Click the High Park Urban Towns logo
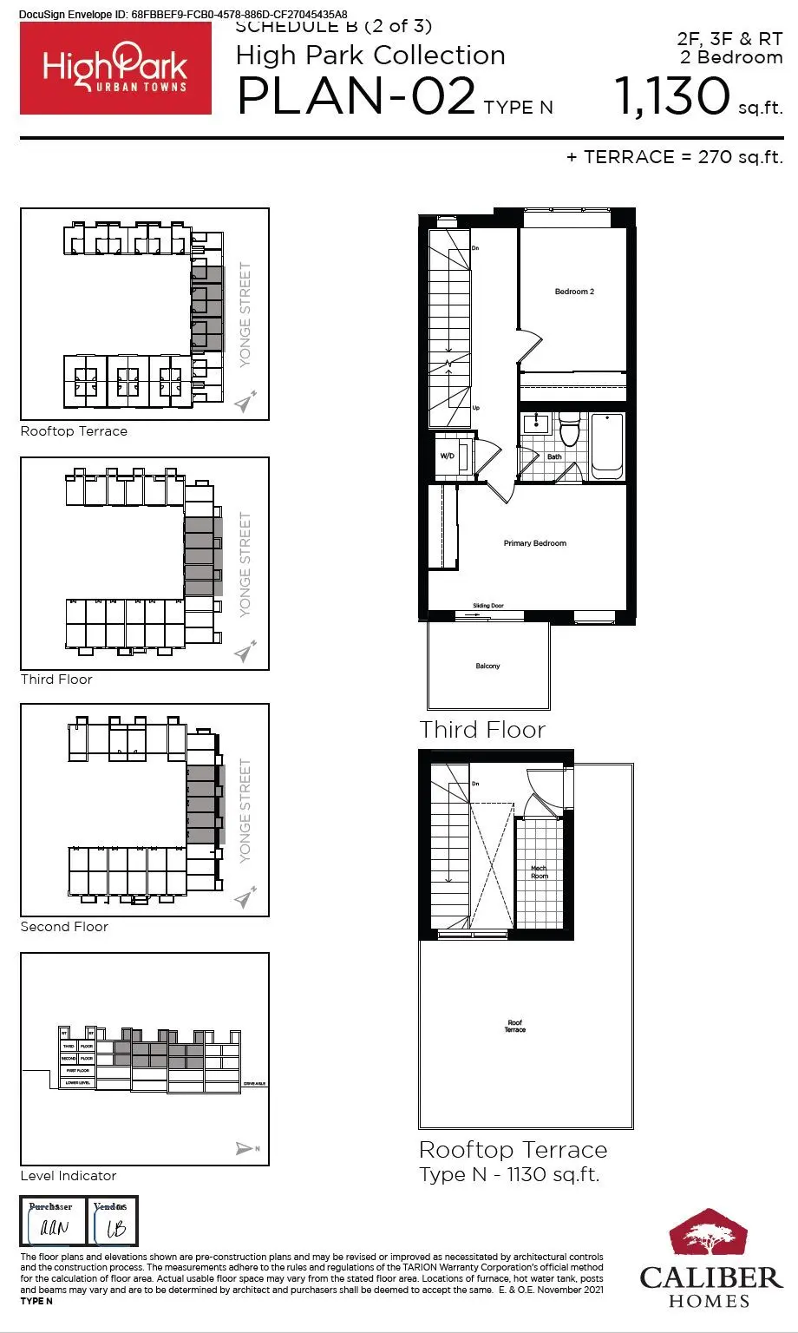point(115,69)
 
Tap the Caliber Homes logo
point(710,1257)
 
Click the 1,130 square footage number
point(672,95)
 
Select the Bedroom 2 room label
point(574,292)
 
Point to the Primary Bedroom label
point(534,543)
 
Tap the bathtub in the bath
point(607,445)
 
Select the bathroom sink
point(536,424)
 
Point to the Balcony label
point(487,666)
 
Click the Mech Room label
point(539,871)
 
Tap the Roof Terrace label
point(515,1027)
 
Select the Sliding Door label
point(487,606)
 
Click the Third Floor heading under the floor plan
point(482,730)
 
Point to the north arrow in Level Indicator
point(246,1149)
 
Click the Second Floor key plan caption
point(64,927)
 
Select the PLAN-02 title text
point(356,97)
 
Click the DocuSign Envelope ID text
point(182,14)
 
